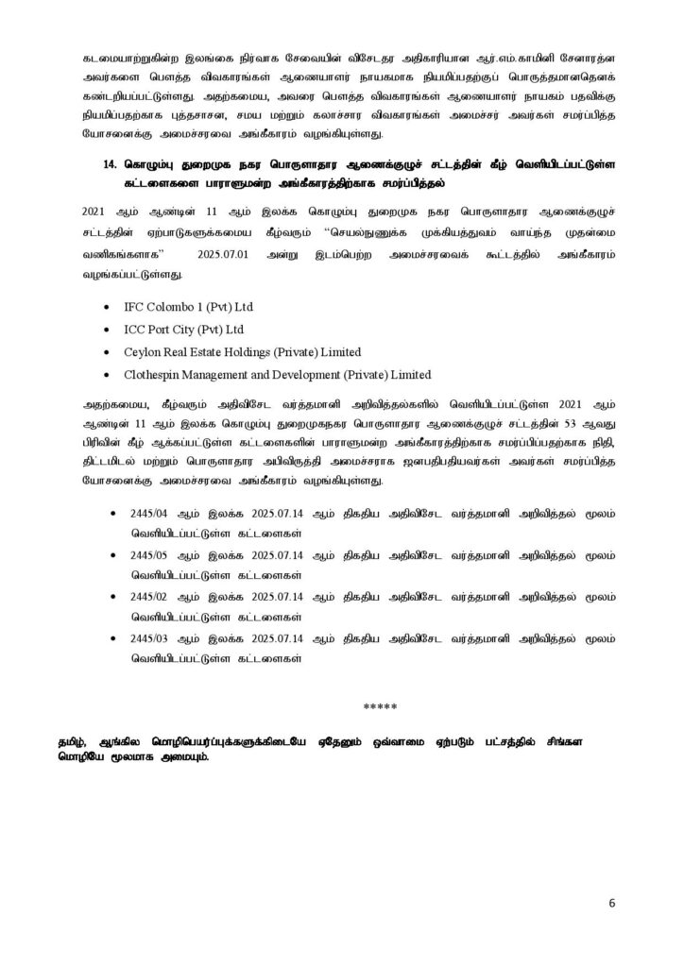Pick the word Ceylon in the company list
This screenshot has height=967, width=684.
[x=143, y=351]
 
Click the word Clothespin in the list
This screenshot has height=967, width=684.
[x=154, y=373]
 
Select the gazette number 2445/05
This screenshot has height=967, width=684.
[x=144, y=553]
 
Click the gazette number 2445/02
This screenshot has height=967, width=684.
[x=144, y=598]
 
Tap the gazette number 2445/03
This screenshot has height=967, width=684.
[x=144, y=639]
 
